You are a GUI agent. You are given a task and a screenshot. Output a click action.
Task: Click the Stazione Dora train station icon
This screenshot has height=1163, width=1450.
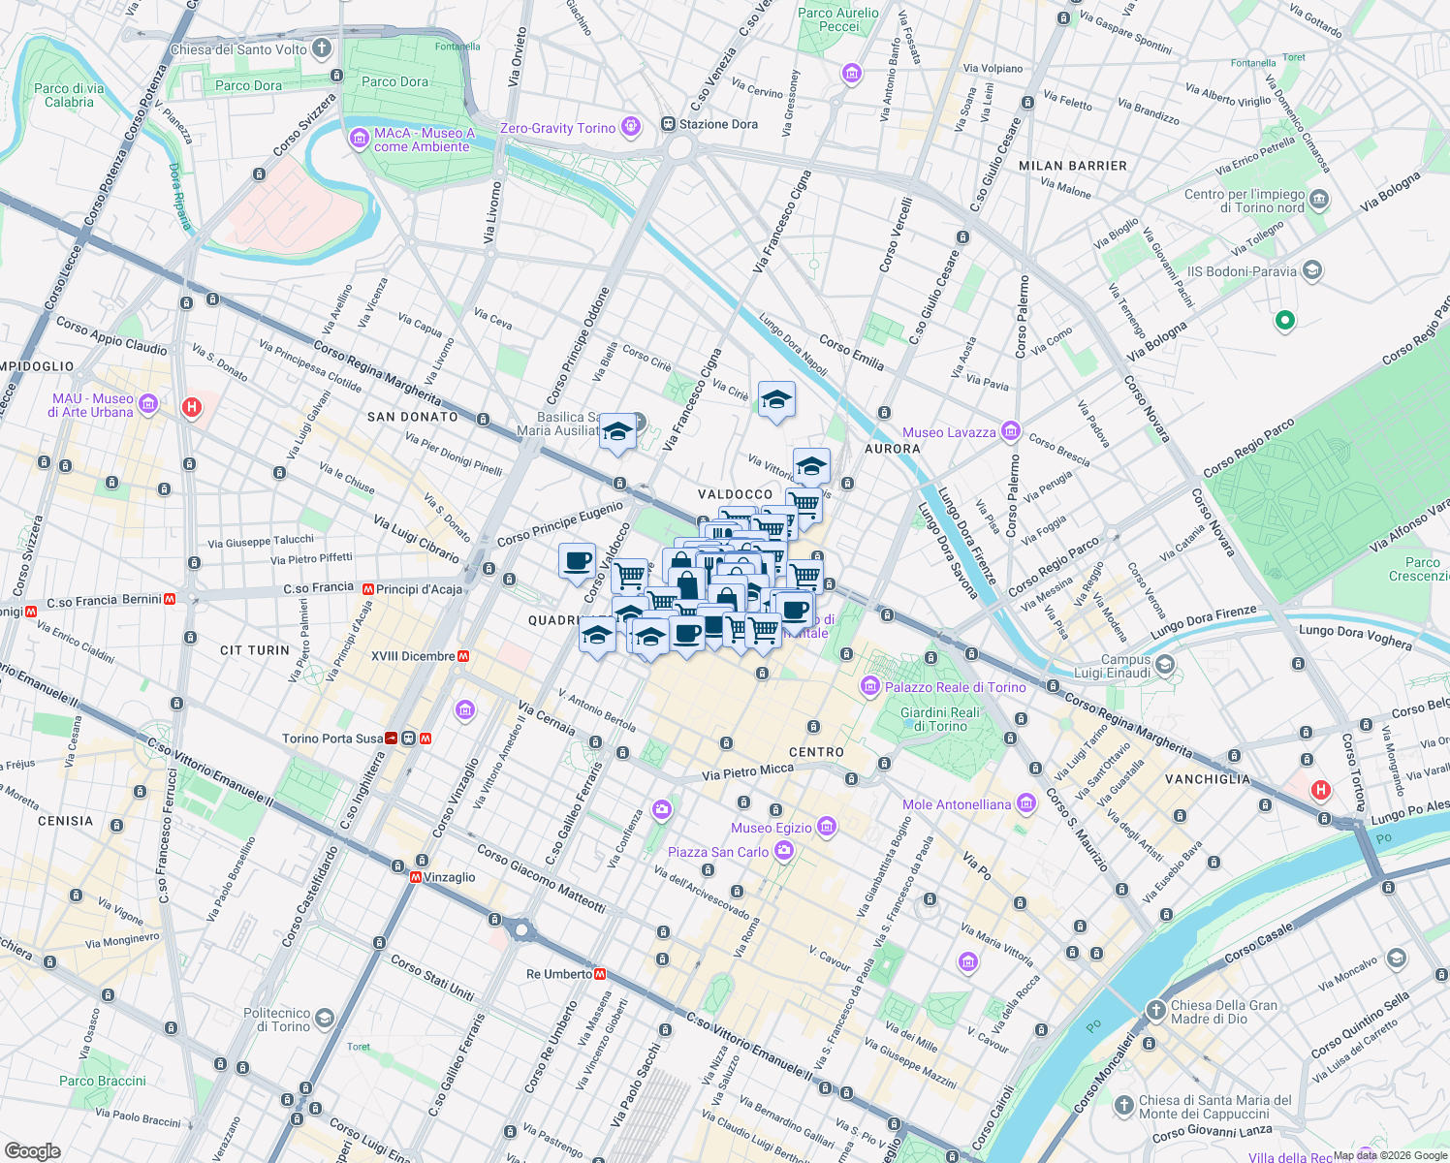(668, 124)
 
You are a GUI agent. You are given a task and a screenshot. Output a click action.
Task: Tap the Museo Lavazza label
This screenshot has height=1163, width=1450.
(949, 432)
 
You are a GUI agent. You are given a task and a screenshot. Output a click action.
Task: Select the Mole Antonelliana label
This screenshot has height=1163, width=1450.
(957, 804)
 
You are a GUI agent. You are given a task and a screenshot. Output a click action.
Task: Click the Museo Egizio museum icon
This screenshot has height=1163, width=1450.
(827, 827)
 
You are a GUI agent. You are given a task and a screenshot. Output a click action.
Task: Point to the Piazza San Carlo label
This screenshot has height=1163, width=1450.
(718, 852)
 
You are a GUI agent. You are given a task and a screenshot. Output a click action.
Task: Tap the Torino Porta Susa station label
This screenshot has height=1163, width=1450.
(332, 739)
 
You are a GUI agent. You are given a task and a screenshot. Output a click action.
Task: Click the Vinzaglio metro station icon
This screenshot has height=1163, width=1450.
(416, 877)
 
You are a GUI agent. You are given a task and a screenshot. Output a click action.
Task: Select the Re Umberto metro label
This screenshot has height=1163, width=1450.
(559, 974)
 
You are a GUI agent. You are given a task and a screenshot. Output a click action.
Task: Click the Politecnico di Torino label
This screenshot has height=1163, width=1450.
(276, 1020)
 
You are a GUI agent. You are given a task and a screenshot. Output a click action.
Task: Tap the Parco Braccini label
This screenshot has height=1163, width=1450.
(103, 1081)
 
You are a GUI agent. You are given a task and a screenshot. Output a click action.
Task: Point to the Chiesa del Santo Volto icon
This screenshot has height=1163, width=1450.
(322, 47)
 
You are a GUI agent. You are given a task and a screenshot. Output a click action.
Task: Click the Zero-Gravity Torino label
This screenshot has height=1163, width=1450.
(557, 128)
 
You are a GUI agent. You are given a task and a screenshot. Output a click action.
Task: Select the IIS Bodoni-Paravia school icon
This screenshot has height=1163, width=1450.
(1312, 270)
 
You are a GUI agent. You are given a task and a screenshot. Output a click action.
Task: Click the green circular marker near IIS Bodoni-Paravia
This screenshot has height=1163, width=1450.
(1284, 319)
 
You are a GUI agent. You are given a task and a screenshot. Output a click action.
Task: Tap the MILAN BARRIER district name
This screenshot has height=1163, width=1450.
(1073, 166)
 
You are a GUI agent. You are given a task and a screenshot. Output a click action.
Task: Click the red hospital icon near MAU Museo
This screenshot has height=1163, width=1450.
(192, 407)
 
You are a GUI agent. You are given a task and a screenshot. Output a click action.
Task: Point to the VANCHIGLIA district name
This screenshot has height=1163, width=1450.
(1208, 779)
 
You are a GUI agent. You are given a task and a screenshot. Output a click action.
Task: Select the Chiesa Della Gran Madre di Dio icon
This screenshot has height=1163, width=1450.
(1156, 1011)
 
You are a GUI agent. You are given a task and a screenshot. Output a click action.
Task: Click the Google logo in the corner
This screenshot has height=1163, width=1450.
(32, 1150)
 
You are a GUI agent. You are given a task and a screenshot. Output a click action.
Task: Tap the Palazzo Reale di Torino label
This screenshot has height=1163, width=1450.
(955, 687)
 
